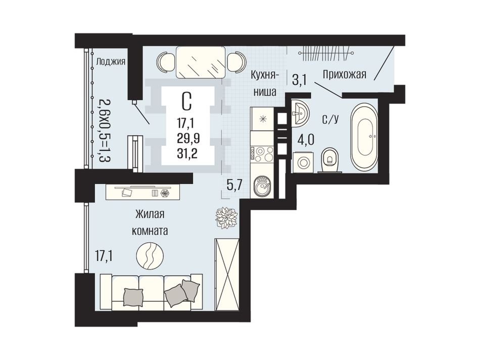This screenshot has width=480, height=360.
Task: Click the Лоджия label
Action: [111, 62]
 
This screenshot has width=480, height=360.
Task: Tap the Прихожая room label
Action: [345, 74]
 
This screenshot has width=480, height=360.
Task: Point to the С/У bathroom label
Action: [330, 119]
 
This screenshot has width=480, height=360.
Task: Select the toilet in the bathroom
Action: [329, 160]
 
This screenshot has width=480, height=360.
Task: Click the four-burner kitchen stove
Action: [262, 153]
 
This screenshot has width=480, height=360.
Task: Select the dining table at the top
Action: [200, 62]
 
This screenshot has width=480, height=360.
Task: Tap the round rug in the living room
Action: [150, 255]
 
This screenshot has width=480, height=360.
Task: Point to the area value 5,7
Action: [234, 185]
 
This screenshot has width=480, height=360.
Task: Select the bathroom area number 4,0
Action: [306, 140]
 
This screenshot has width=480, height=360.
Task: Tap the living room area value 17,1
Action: [103, 256]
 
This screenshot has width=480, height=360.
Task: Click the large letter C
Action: [187, 101]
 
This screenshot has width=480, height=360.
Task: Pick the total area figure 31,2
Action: [187, 152]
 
